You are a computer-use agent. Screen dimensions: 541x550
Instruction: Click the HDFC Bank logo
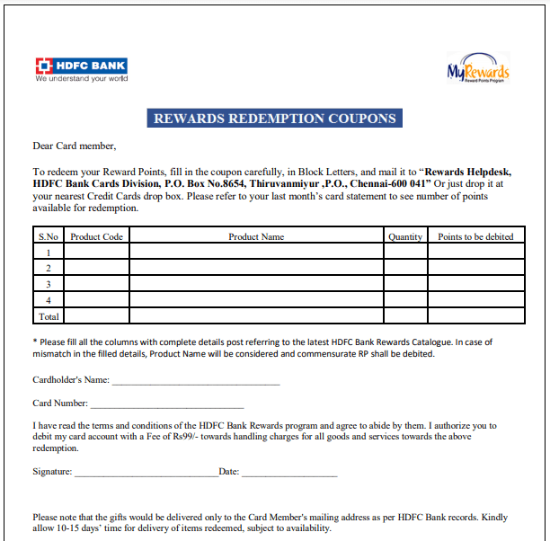point(81,69)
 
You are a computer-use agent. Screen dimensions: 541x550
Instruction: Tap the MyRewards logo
point(478,69)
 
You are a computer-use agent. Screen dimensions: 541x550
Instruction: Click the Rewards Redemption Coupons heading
point(274,119)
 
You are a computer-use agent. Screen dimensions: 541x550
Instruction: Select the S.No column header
point(49,236)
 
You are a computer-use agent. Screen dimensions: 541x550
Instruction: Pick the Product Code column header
point(96,236)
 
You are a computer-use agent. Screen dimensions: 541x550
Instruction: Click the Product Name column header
point(256,236)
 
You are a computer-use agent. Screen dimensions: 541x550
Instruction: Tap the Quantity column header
point(405,236)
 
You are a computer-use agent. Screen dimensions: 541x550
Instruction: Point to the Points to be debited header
point(475,236)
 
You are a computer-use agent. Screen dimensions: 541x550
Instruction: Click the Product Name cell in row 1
point(256,253)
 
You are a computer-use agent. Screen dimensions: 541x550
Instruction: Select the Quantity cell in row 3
point(405,284)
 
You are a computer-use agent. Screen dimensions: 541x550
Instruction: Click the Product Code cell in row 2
point(96,268)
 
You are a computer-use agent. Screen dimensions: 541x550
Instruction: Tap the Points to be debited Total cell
point(475,316)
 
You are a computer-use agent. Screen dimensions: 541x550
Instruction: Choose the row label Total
point(49,316)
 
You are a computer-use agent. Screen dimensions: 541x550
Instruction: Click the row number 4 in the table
point(49,300)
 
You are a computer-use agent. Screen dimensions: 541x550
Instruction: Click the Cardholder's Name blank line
point(195,384)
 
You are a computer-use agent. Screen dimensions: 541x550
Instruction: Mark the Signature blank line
point(146,474)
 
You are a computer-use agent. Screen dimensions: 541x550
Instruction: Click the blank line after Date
point(289,474)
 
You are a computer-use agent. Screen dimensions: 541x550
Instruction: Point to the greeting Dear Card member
point(75,146)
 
